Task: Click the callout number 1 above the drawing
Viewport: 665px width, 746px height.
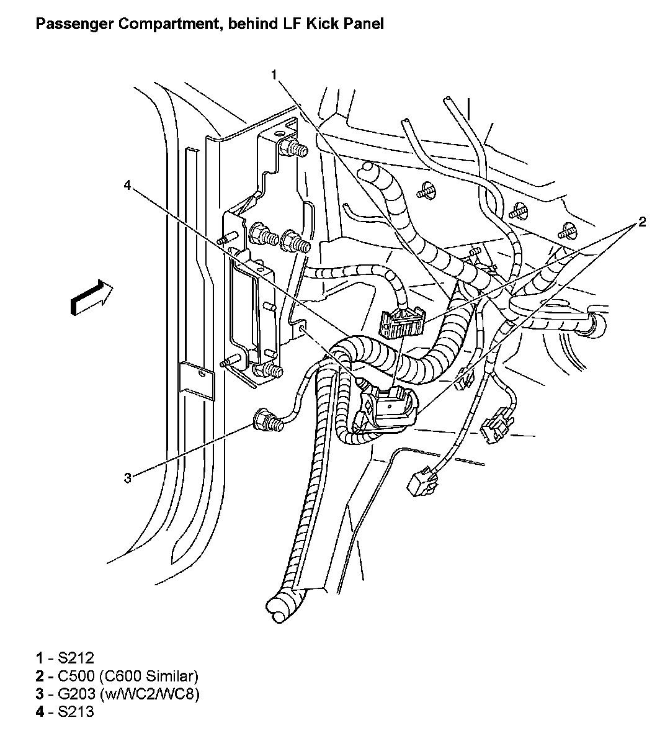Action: coord(274,75)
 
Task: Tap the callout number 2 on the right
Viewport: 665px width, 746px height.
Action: coord(642,222)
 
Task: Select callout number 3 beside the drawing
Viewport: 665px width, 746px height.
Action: coord(127,478)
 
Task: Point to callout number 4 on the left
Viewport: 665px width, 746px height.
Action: coord(127,186)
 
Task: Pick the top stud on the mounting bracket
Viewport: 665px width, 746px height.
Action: coord(295,149)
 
